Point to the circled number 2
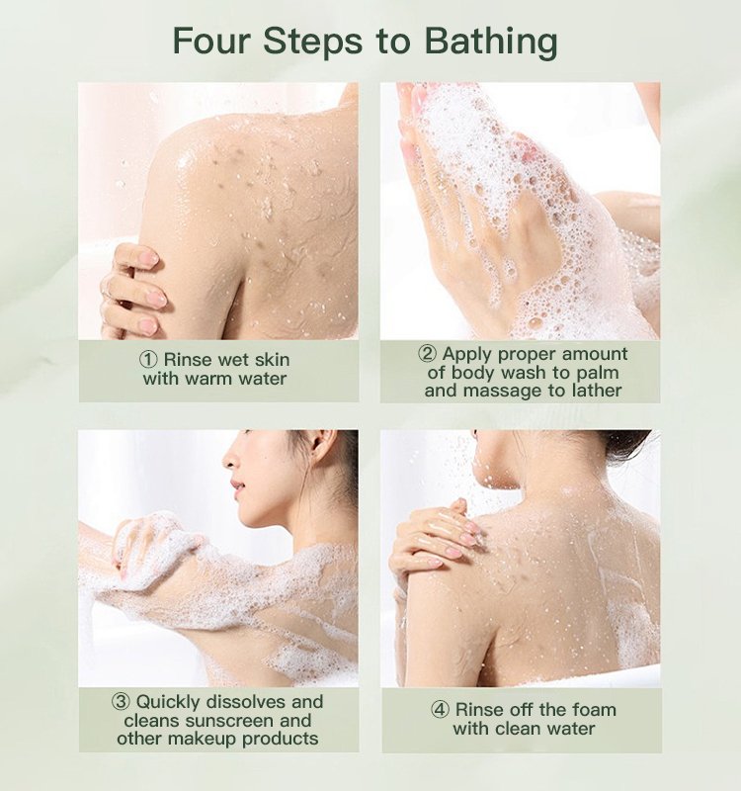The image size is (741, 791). pos(428,354)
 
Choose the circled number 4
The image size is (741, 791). pos(440,710)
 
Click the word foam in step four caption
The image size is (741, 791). pos(591,710)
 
